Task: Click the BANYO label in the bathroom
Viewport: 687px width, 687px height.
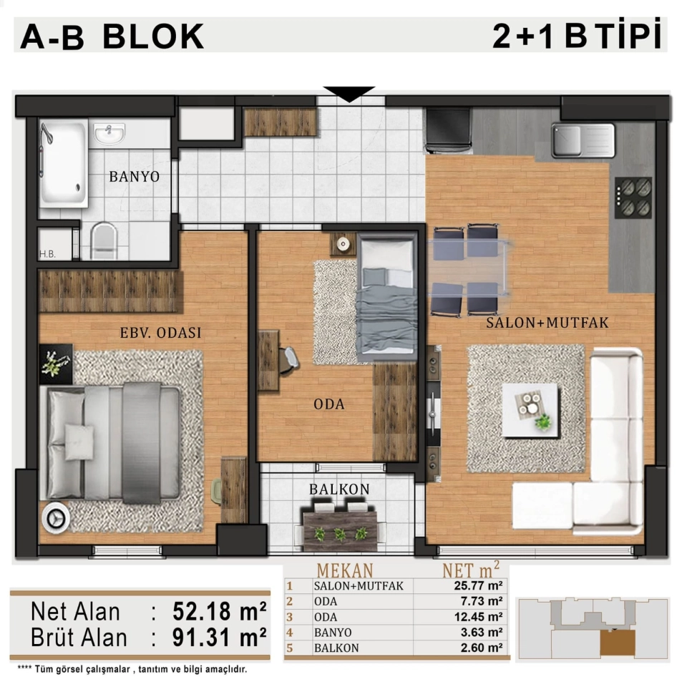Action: [134, 177]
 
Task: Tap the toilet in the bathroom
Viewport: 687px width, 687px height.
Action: [104, 240]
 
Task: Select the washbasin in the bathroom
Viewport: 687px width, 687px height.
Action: [109, 133]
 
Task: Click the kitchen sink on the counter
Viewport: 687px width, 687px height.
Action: [583, 140]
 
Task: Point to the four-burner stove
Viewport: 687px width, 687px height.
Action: [633, 198]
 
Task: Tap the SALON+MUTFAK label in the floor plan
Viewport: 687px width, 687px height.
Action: [547, 323]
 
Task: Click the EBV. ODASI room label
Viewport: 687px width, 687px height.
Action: [161, 333]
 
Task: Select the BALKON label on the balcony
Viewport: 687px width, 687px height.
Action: [339, 489]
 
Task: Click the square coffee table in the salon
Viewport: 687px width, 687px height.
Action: [530, 410]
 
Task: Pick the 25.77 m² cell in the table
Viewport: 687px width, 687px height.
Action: [478, 585]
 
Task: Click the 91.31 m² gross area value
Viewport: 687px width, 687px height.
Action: [219, 637]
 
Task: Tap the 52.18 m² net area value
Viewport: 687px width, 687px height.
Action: [219, 611]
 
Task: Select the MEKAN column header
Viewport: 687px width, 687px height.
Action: [345, 570]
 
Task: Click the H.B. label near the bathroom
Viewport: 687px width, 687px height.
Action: [47, 254]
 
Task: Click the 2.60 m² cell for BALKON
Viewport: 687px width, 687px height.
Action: [481, 648]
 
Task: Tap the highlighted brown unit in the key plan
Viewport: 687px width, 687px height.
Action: [618, 643]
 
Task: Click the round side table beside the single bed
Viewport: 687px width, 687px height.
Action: [343, 244]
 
